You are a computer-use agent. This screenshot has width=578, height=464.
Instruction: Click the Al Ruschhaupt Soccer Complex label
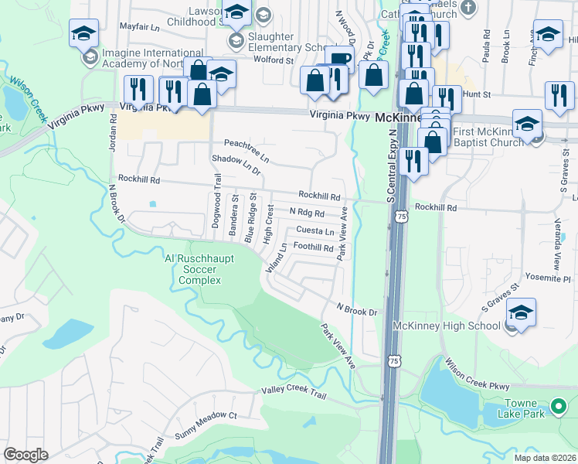tap(194, 269)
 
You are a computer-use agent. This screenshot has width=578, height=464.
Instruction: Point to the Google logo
tap(25, 455)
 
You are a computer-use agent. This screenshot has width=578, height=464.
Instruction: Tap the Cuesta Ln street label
tap(315, 231)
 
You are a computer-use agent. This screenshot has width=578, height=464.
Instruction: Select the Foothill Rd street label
tap(313, 248)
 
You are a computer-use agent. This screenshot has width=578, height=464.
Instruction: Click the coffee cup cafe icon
tap(338, 59)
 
